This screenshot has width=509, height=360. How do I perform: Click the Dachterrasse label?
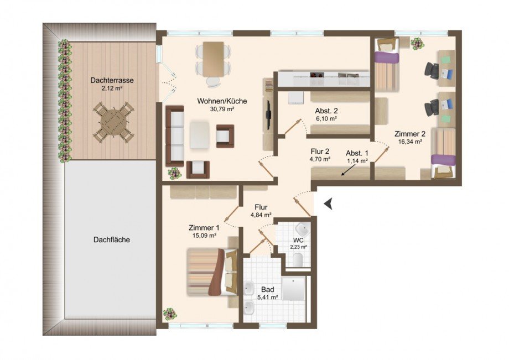(112, 80)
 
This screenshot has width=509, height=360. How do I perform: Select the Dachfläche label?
(112, 240)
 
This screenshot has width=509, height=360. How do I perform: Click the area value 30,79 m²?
(222, 109)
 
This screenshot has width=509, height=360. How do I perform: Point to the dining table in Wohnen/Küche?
(213, 59)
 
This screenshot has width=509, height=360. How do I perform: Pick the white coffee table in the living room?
(199, 134)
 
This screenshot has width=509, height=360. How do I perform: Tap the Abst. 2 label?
(326, 111)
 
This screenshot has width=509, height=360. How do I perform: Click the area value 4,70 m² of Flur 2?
(320, 159)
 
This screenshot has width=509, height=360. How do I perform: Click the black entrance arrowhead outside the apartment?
(328, 204)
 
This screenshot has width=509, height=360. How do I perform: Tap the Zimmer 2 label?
(410, 134)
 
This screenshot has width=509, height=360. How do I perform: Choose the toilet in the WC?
(298, 260)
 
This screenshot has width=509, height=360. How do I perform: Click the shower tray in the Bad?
(293, 288)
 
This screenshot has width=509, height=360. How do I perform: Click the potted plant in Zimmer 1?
(170, 314)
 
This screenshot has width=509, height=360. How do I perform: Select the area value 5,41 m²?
(267, 297)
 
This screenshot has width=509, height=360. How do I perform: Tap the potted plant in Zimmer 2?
(417, 44)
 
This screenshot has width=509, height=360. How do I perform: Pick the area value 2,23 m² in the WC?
(299, 247)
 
